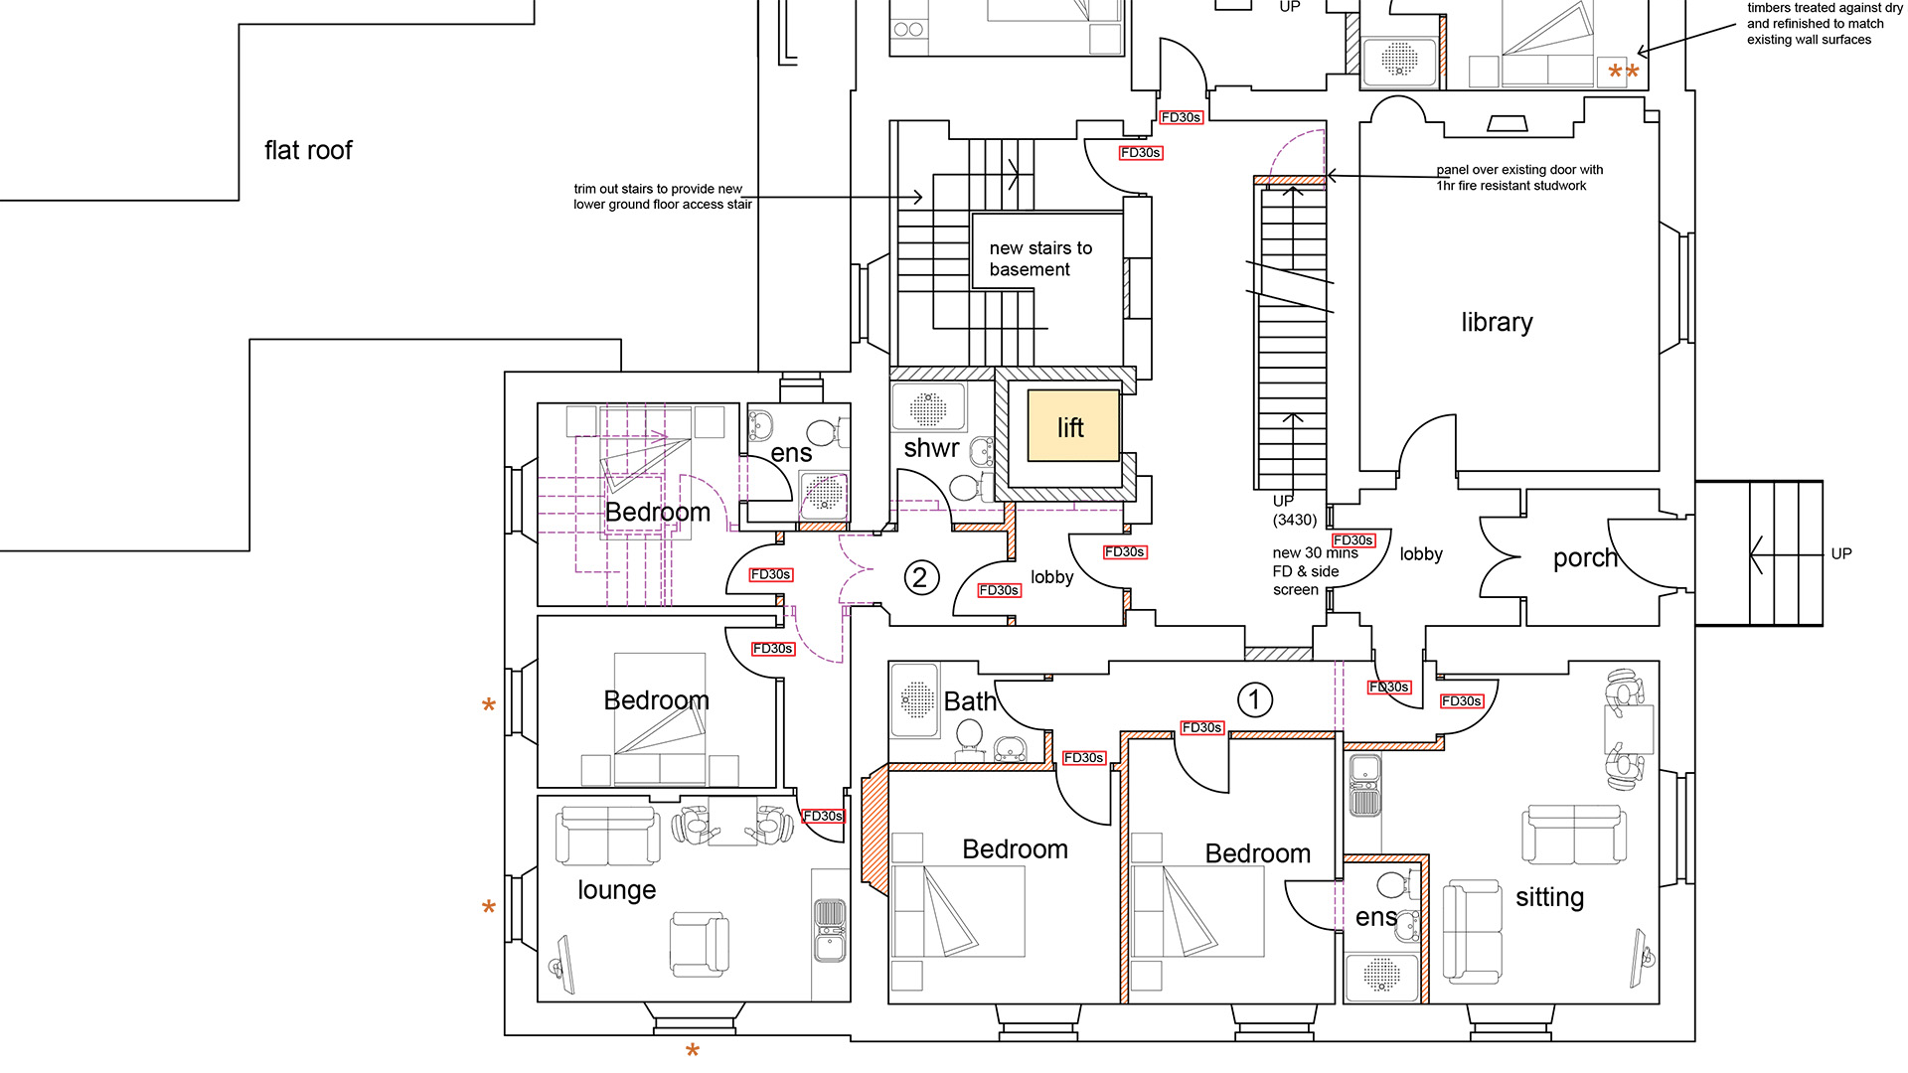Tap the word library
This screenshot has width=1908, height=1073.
click(1497, 323)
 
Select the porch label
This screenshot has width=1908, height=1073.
click(1585, 558)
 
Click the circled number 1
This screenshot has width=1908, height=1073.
click(1254, 699)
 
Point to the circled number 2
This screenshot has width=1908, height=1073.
click(920, 577)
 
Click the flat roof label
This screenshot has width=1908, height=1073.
click(308, 150)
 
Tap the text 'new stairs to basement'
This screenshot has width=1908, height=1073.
click(1040, 258)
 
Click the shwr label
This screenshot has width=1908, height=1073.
click(931, 448)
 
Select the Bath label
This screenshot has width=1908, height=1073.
click(970, 701)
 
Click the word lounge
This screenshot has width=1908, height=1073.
click(616, 890)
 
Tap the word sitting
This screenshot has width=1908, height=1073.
click(1549, 898)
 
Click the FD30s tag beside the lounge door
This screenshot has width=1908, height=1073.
click(823, 816)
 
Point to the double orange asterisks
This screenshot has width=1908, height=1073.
click(1624, 73)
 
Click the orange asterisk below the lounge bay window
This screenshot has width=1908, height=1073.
click(693, 1051)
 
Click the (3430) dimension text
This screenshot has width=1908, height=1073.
click(1295, 520)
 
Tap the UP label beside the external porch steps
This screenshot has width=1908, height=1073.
click(1841, 553)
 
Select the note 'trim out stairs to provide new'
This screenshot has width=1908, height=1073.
click(658, 189)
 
